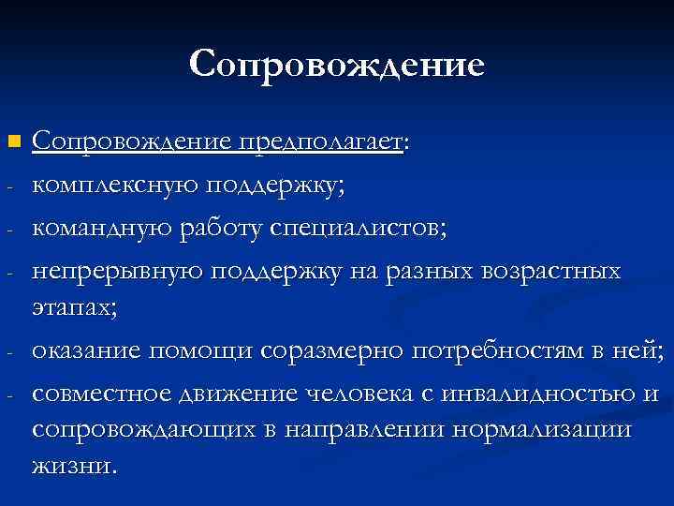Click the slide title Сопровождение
(x=337, y=66)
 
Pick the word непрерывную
(x=116, y=272)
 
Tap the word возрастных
(x=549, y=272)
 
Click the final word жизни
(x=74, y=466)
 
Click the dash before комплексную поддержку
(x=7, y=187)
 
